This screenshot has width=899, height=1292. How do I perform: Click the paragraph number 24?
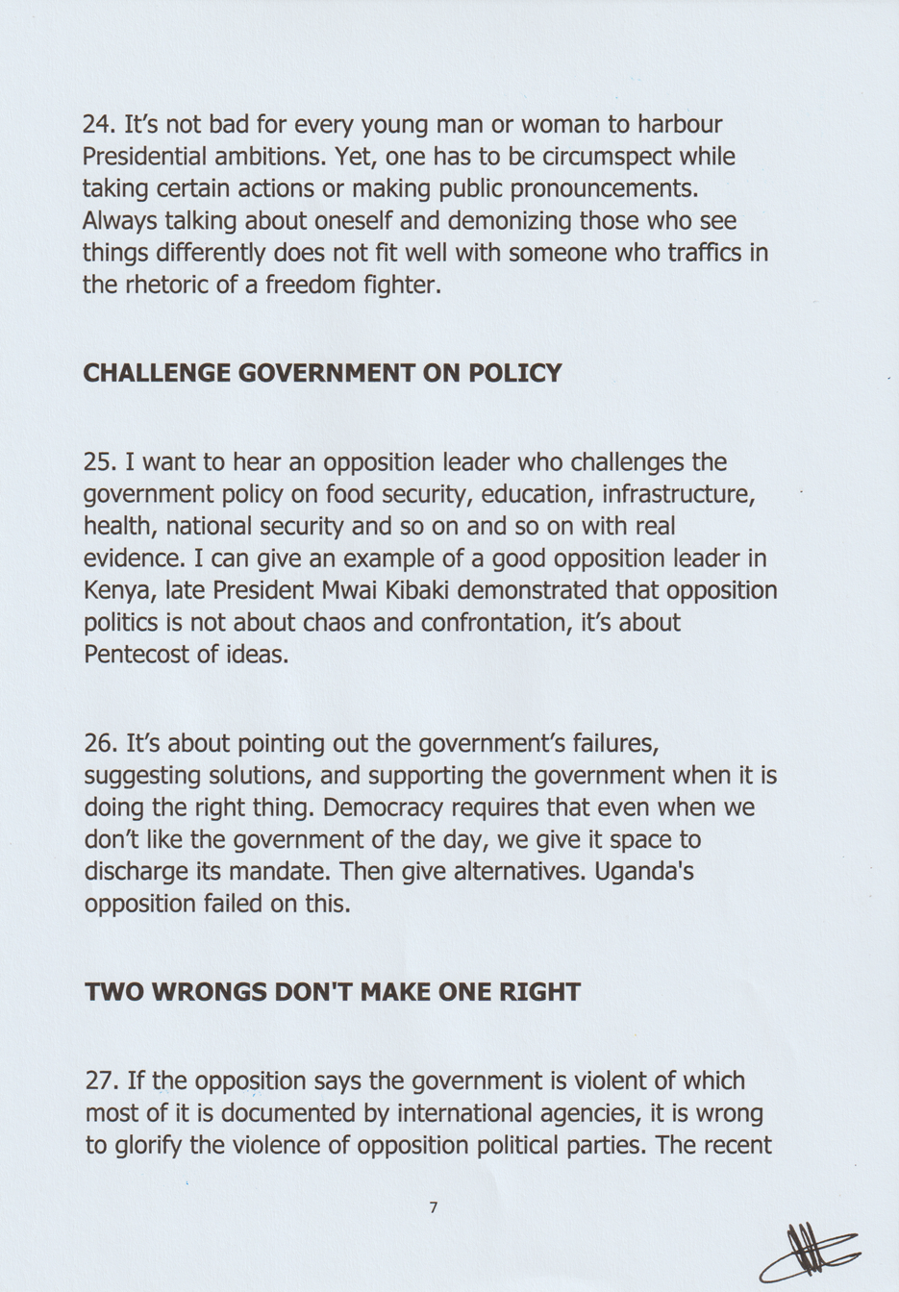point(98,124)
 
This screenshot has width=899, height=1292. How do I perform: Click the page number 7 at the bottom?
point(434,1207)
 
